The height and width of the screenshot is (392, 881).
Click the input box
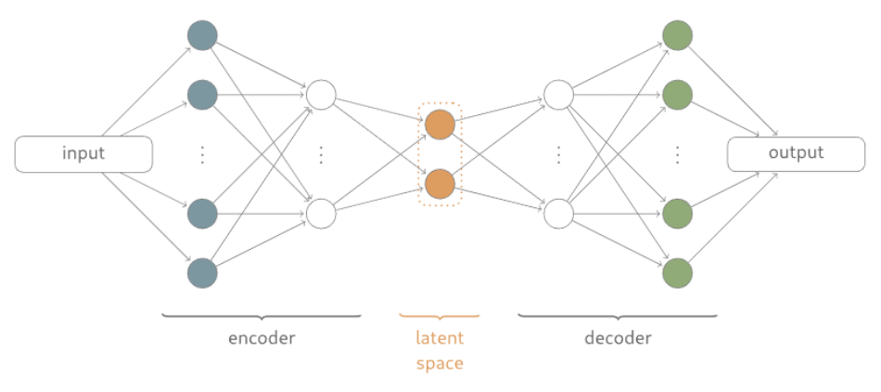click(x=83, y=154)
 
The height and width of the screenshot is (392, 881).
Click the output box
click(x=795, y=154)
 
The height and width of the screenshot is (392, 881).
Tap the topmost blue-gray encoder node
click(x=202, y=35)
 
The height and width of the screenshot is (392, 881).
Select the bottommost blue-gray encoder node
click(x=202, y=273)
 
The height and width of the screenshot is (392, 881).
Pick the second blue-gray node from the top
click(x=202, y=95)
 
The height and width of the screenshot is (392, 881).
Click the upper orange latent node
click(x=440, y=124)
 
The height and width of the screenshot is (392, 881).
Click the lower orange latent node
click(x=440, y=184)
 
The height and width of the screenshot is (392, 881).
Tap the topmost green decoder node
click(x=677, y=35)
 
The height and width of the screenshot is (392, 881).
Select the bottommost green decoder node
click(x=677, y=273)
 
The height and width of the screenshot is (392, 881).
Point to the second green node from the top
click(x=677, y=95)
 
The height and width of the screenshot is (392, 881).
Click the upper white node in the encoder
click(x=321, y=95)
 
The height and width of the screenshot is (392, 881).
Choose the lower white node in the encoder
click(x=321, y=214)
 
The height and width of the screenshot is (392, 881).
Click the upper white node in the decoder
click(x=558, y=95)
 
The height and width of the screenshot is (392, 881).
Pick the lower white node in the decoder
click(x=558, y=214)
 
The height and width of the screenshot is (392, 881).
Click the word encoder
click(x=262, y=338)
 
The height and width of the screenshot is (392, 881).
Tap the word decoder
click(x=618, y=338)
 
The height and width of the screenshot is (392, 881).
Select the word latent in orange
click(x=440, y=338)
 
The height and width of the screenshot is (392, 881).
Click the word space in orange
click(x=440, y=363)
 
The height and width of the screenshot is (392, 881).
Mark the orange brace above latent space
click(x=440, y=318)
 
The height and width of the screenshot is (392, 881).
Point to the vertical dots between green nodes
click(x=677, y=154)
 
